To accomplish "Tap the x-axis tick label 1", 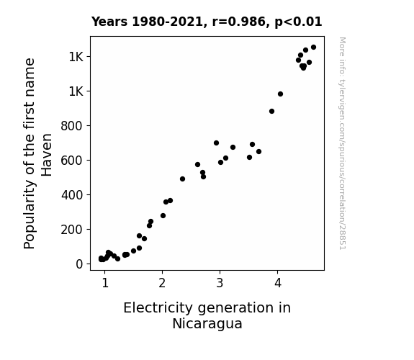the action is click(105, 283).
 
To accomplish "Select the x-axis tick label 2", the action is click(162, 283).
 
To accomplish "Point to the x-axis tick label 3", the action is click(220, 283).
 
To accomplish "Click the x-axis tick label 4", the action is click(277, 283).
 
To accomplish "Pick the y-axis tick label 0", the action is click(79, 264).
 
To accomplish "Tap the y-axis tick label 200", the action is click(72, 230).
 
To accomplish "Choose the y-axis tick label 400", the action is click(72, 195).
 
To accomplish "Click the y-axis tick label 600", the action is click(72, 161).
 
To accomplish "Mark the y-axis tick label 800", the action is click(72, 126).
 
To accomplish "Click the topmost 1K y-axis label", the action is click(76, 57).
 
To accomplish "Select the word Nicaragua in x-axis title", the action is click(207, 323).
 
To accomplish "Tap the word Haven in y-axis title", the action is click(47, 155).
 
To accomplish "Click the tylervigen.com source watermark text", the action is click(343, 143).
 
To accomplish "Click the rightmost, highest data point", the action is click(313, 48).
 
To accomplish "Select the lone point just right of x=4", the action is click(280, 94).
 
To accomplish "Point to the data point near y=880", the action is click(271, 111).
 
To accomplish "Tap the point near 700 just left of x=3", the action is click(216, 143).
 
